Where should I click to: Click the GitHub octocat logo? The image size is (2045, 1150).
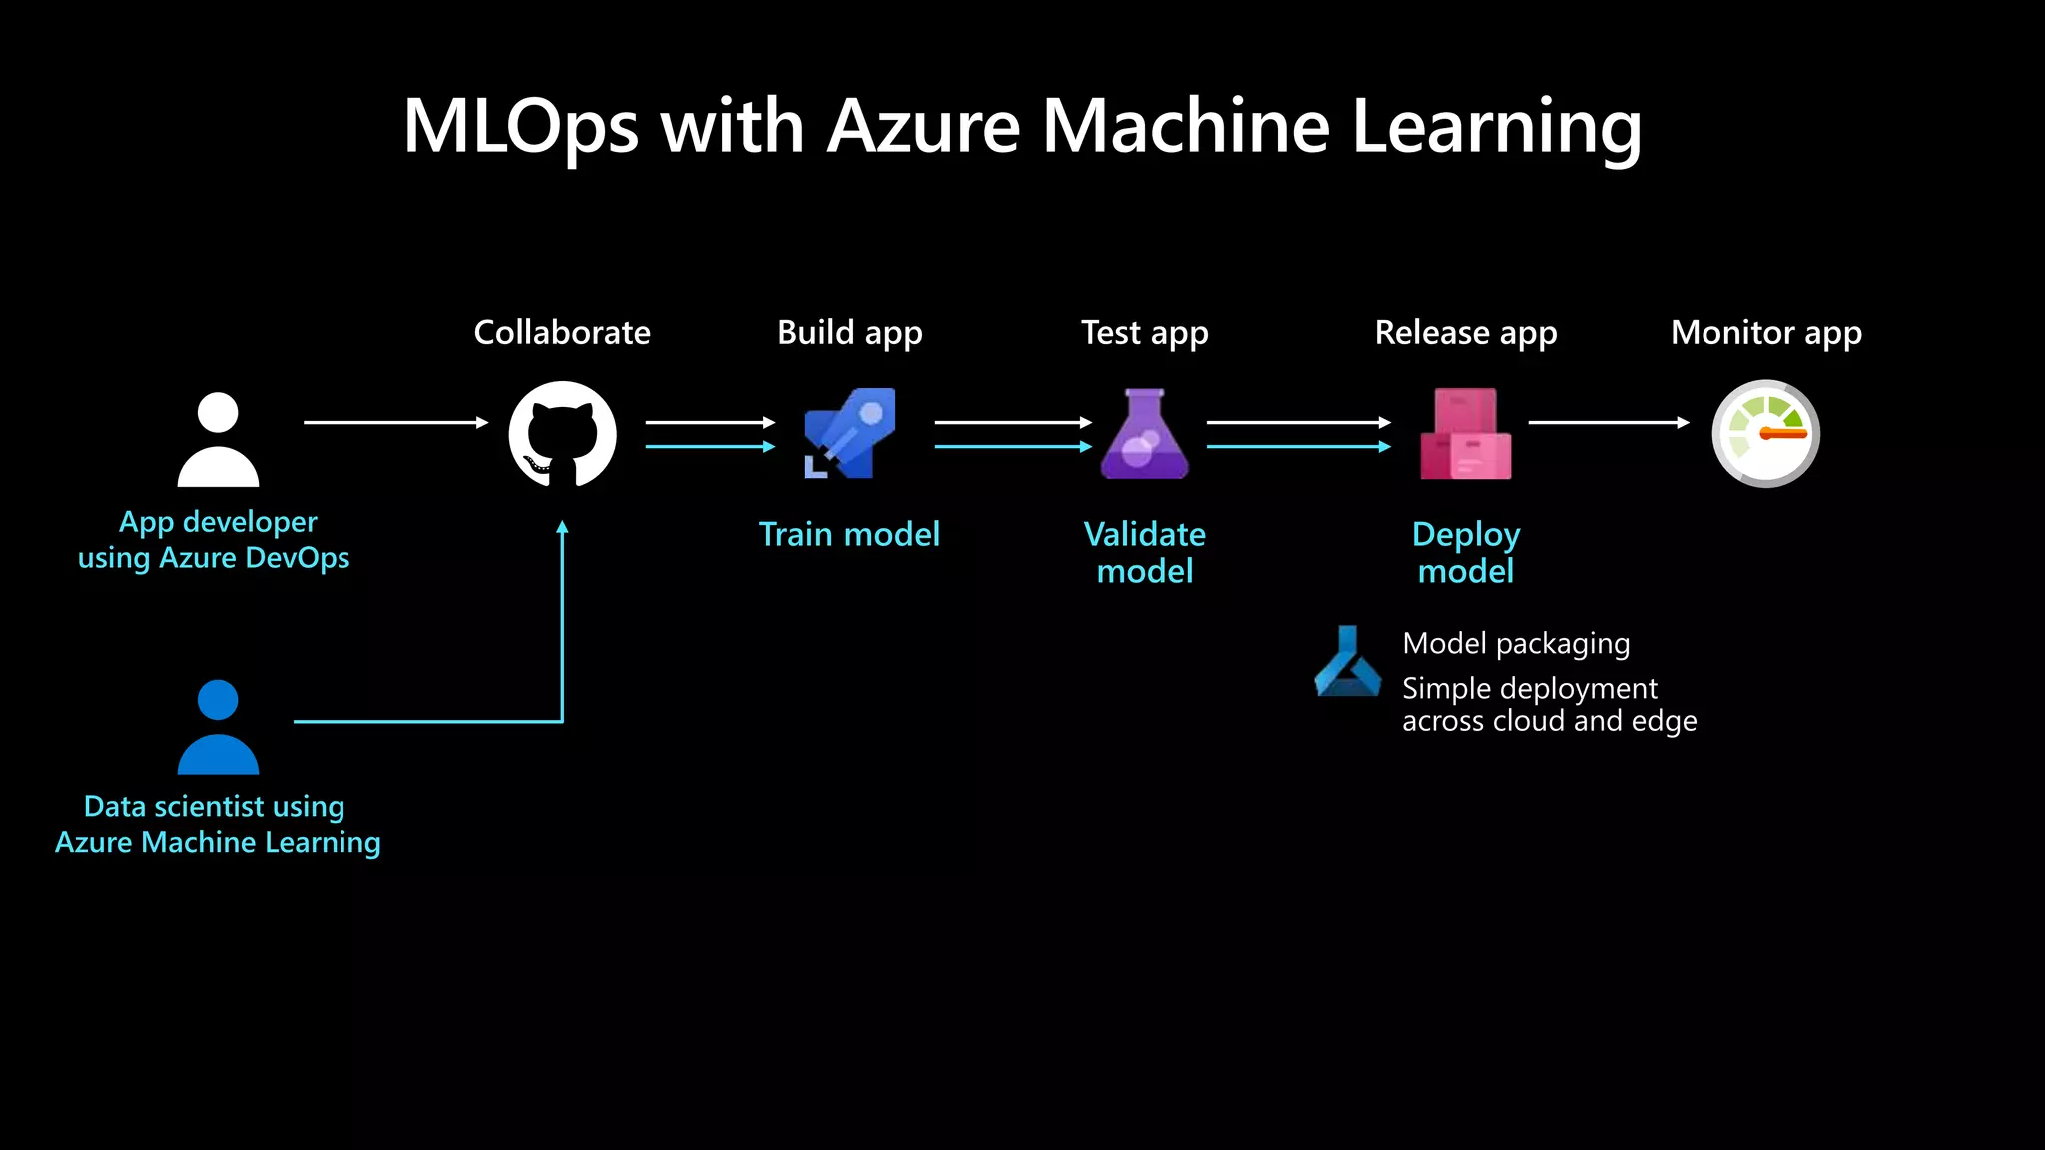562,434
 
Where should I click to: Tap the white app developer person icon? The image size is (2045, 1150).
218,440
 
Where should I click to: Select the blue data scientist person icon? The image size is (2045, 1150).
218,727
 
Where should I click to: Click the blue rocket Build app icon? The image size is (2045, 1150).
850,433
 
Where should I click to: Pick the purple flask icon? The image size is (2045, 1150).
1144,434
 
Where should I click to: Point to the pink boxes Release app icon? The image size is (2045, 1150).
1465,434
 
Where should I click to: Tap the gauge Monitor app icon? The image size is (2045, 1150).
1765,433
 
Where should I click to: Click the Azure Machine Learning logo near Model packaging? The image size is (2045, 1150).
1348,662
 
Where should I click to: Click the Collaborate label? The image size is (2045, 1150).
562,332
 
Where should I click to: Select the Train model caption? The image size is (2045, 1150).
849,534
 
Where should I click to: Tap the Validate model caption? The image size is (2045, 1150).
1145,552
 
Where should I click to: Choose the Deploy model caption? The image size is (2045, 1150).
1466,552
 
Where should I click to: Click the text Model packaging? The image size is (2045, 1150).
1516,644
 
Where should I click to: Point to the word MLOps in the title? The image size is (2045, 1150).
520,127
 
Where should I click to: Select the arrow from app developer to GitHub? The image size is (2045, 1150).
395,422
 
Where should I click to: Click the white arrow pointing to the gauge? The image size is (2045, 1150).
1608,422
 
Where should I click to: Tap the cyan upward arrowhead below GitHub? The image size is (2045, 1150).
562,528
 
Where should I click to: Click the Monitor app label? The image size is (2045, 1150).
1765,332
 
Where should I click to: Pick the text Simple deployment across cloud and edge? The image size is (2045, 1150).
1549,704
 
